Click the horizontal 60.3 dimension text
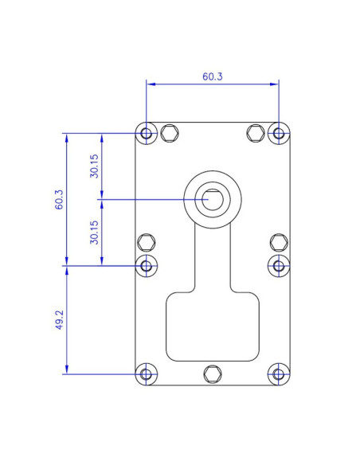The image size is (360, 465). tap(213, 77)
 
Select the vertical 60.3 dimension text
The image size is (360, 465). tap(60, 199)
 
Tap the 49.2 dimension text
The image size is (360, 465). tap(60, 319)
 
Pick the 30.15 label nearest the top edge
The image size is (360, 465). tap(95, 166)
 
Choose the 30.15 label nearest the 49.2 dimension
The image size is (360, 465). tap(95, 232)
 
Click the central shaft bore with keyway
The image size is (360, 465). tap(212, 199)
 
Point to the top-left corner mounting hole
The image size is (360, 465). tap(146, 132)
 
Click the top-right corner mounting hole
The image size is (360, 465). tap(278, 132)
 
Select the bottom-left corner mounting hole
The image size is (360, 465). tap(146, 373)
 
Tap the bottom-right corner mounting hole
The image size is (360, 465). tap(278, 373)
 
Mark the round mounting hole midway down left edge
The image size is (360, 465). tap(146, 265)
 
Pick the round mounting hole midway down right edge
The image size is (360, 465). tap(278, 265)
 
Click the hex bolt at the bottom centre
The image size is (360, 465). tap(212, 373)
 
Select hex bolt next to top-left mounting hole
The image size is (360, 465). tap(169, 132)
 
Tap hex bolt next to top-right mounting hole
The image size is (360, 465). tap(255, 132)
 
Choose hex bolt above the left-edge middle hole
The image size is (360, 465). tap(146, 242)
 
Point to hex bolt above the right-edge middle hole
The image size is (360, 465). tap(278, 242)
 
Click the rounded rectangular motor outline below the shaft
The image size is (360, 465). tap(213, 326)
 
